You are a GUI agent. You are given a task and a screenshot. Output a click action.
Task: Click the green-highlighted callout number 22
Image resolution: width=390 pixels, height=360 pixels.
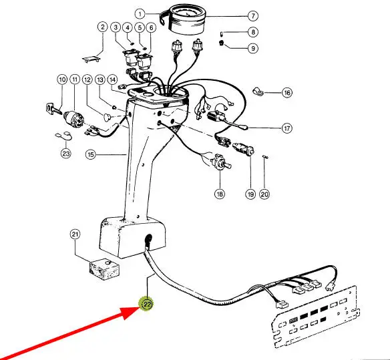[147, 304]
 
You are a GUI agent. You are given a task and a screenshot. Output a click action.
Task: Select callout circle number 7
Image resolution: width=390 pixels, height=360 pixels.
[253, 16]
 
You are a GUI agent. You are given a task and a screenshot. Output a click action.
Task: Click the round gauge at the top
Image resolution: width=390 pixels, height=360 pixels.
[187, 21]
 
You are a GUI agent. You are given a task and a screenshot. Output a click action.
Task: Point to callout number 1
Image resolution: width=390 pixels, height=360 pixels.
[140, 13]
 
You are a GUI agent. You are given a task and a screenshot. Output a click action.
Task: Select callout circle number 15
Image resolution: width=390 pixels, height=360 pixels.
[91, 154]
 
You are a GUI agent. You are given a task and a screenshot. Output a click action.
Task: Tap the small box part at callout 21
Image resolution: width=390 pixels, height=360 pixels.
[104, 269]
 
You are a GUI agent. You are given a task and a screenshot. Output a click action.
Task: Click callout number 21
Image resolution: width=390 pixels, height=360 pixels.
[75, 234]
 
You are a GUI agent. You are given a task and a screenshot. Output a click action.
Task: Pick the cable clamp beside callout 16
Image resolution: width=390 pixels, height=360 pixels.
[258, 92]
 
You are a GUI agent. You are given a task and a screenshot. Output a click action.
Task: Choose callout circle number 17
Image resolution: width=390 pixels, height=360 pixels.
[287, 128]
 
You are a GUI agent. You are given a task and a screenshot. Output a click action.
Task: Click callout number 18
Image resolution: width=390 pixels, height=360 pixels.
[220, 194]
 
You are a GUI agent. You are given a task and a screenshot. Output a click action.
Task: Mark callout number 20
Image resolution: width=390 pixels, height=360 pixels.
[264, 194]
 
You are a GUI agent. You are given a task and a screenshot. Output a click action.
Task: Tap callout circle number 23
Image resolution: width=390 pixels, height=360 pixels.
[66, 153]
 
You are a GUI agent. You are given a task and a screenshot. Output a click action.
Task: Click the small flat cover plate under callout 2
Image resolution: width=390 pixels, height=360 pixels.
[91, 59]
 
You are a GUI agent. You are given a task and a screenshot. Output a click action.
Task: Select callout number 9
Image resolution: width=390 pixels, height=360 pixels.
[253, 48]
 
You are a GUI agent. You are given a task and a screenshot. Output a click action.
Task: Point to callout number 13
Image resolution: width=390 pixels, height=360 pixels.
[100, 80]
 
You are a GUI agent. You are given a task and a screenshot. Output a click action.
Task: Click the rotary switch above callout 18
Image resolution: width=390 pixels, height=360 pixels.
[220, 162]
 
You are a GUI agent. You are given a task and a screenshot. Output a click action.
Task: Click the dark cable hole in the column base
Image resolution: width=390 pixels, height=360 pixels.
[148, 239]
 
